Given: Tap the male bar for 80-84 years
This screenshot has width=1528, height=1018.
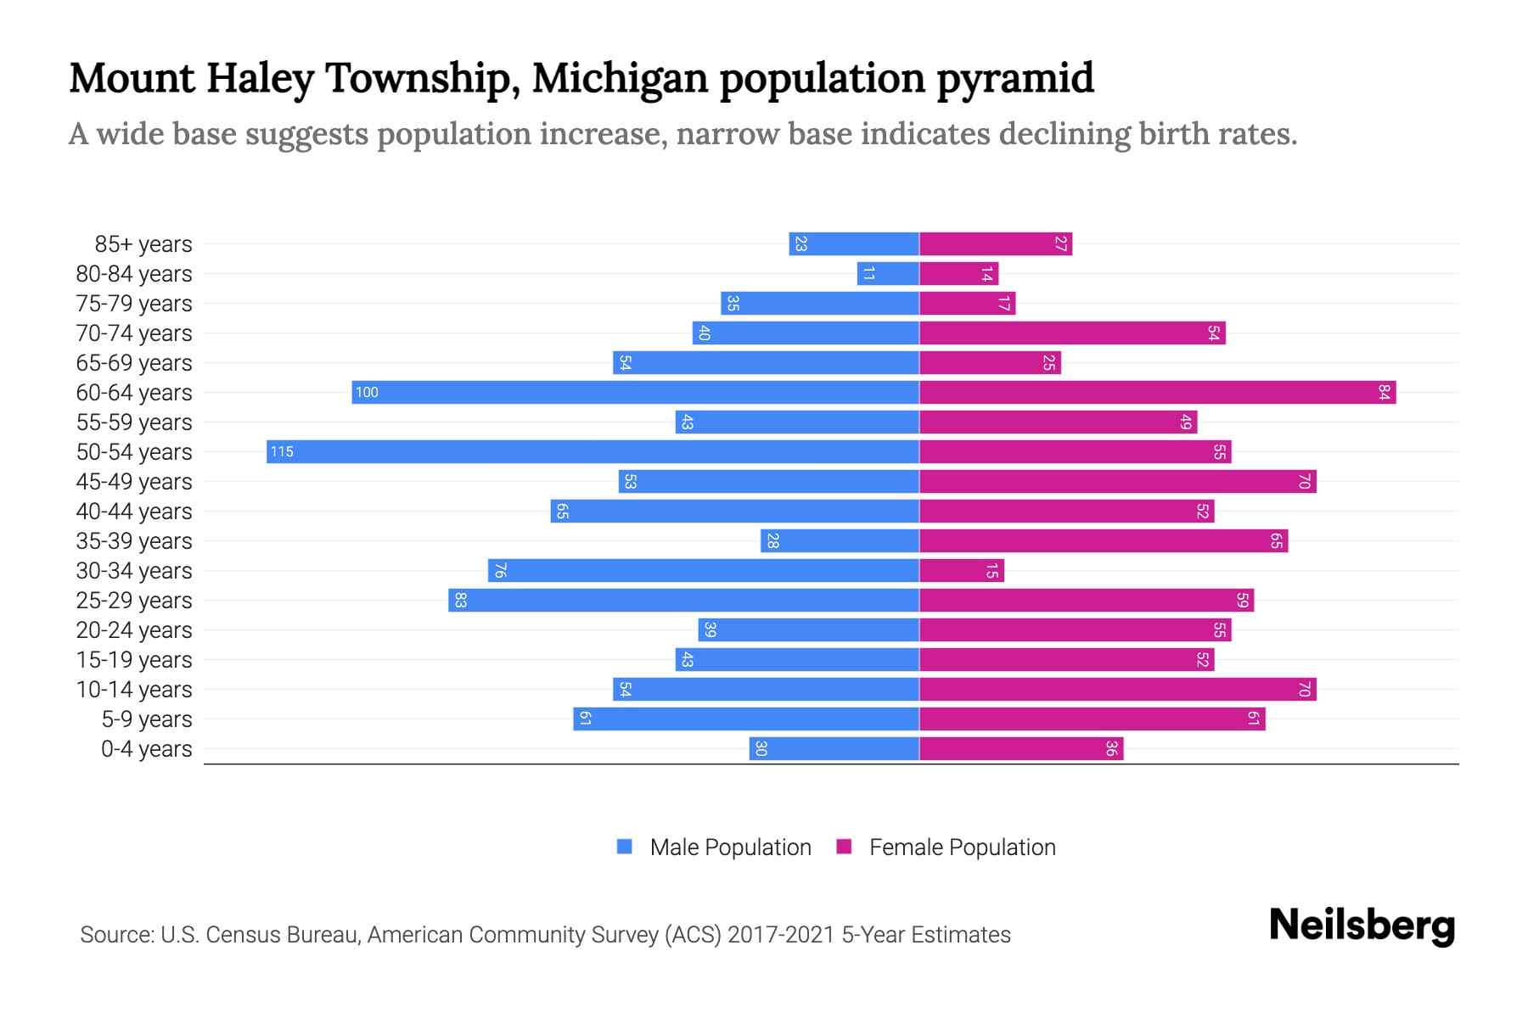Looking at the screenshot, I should tap(888, 273).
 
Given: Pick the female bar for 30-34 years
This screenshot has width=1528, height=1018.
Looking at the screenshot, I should tap(962, 570).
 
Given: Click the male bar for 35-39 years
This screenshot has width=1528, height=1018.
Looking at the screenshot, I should tap(840, 540).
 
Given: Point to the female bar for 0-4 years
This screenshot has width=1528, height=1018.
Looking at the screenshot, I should tap(1021, 748).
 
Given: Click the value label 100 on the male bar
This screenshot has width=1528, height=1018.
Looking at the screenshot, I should tap(367, 392).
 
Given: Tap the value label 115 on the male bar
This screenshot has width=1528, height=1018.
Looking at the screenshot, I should tap(282, 451).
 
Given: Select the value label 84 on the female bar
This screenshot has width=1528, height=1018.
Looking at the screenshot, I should tap(1385, 392).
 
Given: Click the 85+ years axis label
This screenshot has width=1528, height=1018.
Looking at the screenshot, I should tap(143, 244).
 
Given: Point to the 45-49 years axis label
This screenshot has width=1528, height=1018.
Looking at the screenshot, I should tap(134, 482).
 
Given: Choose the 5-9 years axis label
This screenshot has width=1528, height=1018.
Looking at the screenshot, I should tap(147, 719).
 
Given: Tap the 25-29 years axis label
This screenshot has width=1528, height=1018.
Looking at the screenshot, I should tap(134, 601).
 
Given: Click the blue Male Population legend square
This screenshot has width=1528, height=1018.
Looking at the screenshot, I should tap(625, 847).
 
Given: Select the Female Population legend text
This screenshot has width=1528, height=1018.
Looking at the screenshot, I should tap(962, 847).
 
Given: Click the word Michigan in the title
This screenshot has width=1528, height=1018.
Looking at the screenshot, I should tap(620, 78).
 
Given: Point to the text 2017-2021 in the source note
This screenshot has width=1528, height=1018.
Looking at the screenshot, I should tap(781, 934).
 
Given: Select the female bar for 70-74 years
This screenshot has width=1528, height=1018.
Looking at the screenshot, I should tap(1072, 333).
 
